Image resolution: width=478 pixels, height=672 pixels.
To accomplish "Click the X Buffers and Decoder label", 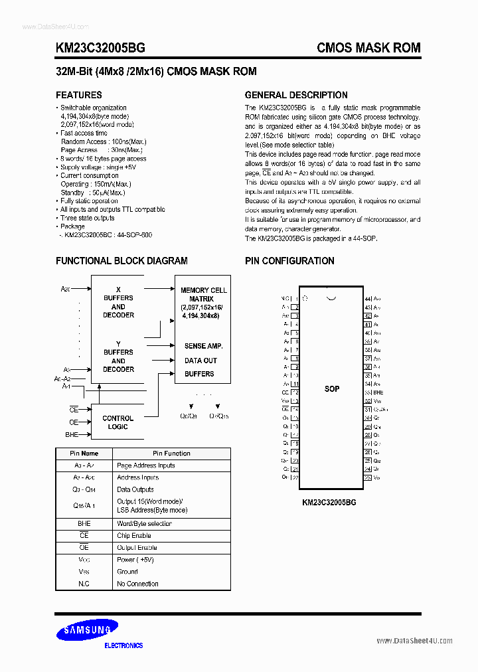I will tap(118, 306).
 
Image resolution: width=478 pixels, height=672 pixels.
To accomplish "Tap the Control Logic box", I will tap(118, 422).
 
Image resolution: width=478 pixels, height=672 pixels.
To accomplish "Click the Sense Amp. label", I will tap(203, 346).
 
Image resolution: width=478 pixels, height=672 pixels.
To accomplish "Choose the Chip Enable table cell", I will tap(134, 535).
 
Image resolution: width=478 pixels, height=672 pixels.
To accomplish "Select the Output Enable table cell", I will tap(137, 547).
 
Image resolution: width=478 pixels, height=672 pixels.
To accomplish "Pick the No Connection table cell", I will tap(137, 584).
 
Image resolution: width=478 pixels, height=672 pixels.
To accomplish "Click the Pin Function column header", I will tap(171, 454).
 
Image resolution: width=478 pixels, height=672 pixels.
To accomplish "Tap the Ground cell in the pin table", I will tap(127, 571).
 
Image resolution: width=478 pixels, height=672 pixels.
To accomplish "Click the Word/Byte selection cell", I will tap(144, 524).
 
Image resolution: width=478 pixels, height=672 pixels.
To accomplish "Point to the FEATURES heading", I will tap(78, 95).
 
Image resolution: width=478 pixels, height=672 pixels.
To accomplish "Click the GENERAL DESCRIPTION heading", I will tap(296, 95).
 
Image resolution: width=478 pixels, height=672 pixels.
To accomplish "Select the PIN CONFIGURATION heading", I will tap(289, 261).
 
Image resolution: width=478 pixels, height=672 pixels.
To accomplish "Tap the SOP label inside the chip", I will tap(332, 388).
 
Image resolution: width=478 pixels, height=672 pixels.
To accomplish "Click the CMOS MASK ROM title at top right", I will tap(368, 48).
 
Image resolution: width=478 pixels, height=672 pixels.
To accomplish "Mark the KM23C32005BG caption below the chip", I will tap(329, 503).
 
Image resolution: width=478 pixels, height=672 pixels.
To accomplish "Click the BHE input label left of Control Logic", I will tap(71, 434).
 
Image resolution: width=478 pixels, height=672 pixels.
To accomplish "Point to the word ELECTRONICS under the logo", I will tap(123, 645).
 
